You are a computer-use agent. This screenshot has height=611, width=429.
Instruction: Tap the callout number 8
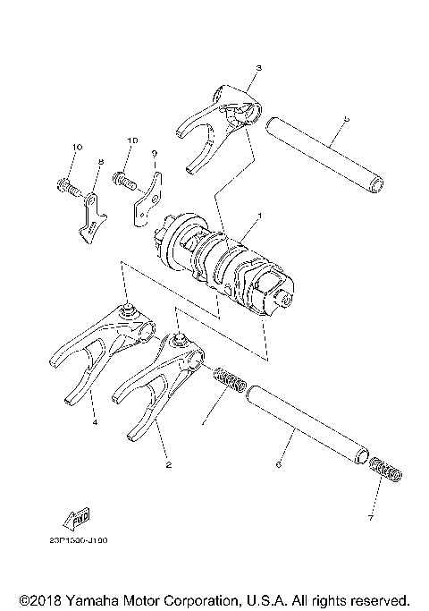(x=100, y=161)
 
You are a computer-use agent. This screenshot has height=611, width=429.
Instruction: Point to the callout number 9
(x=154, y=153)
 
